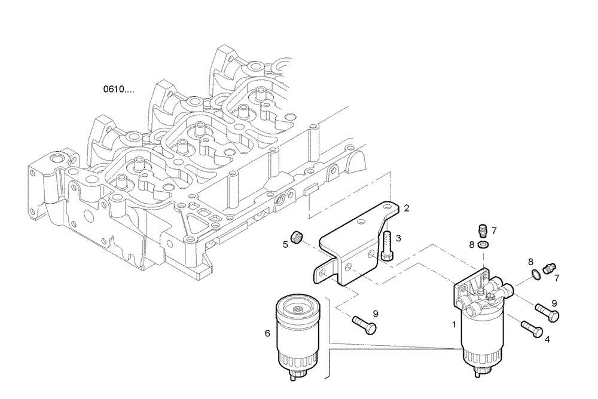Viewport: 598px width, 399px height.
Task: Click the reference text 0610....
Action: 118,90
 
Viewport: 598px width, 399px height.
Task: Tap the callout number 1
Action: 454,326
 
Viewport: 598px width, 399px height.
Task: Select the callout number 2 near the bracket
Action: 406,208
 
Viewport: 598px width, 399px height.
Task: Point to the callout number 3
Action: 398,238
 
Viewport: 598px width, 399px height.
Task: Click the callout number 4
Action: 547,339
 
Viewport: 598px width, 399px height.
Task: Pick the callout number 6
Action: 267,334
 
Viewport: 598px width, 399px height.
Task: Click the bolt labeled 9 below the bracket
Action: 364,324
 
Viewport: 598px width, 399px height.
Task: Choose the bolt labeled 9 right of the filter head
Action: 547,312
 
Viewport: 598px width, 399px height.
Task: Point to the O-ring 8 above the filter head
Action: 483,244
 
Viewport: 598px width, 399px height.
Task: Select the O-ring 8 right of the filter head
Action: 537,274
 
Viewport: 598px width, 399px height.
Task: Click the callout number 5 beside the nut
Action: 285,244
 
